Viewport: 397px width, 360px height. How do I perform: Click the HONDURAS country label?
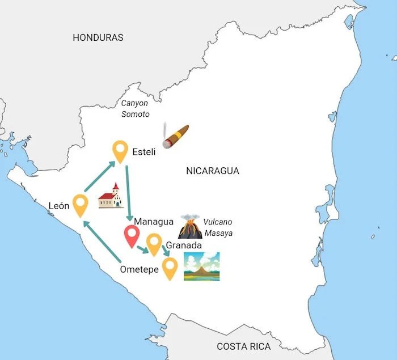click(x=98, y=37)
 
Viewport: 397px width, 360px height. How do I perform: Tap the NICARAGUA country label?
click(x=213, y=171)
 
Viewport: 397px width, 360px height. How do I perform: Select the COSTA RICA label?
click(x=244, y=346)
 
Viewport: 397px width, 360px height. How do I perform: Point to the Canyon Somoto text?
click(x=135, y=108)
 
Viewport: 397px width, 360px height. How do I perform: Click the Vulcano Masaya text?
click(x=218, y=227)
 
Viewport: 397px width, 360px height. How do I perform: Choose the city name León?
click(x=59, y=206)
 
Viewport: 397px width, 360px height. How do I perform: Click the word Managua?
click(x=154, y=221)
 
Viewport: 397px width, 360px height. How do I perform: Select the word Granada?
click(x=184, y=245)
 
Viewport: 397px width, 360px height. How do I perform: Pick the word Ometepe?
click(x=139, y=269)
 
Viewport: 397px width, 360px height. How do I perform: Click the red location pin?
click(x=132, y=236)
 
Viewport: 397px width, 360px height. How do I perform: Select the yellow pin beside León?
click(x=80, y=205)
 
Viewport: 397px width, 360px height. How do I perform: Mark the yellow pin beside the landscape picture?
click(x=170, y=268)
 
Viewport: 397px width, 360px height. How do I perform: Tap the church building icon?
click(x=111, y=196)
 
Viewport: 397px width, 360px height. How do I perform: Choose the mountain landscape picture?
click(x=201, y=266)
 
